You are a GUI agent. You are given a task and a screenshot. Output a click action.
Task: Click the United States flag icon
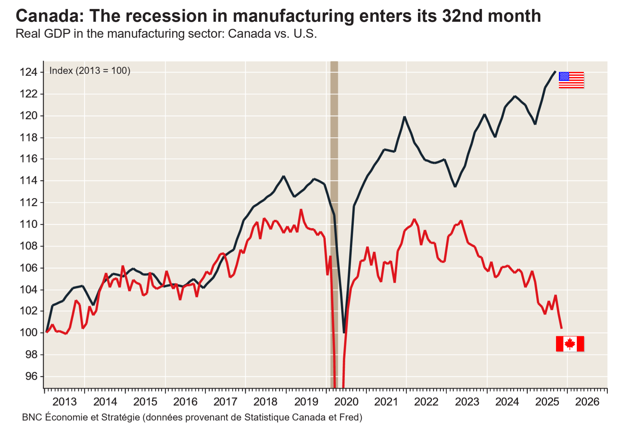click(571, 80)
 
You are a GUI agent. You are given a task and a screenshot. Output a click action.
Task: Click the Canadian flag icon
click(570, 344)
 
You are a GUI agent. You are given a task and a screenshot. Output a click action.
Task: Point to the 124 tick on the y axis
click(29, 72)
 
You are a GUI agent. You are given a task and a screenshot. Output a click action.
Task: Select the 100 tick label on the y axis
click(29, 333)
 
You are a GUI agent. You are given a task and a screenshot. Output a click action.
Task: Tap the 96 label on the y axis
click(31, 376)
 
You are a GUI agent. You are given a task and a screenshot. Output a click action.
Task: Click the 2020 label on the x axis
click(346, 402)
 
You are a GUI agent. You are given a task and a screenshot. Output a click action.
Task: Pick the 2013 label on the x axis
click(65, 402)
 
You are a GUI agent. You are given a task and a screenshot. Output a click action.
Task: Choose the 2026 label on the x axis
click(587, 402)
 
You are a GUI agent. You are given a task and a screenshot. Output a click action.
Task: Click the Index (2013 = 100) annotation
click(90, 71)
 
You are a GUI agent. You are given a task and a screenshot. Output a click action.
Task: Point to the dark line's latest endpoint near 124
click(555, 72)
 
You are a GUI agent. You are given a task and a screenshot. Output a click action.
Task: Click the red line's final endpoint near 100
click(561, 328)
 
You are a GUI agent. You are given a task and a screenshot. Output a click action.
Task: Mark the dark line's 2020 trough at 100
click(344, 332)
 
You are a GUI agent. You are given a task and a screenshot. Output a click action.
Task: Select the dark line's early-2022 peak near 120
click(405, 117)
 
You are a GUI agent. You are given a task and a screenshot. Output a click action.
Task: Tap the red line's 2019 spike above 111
click(301, 210)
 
